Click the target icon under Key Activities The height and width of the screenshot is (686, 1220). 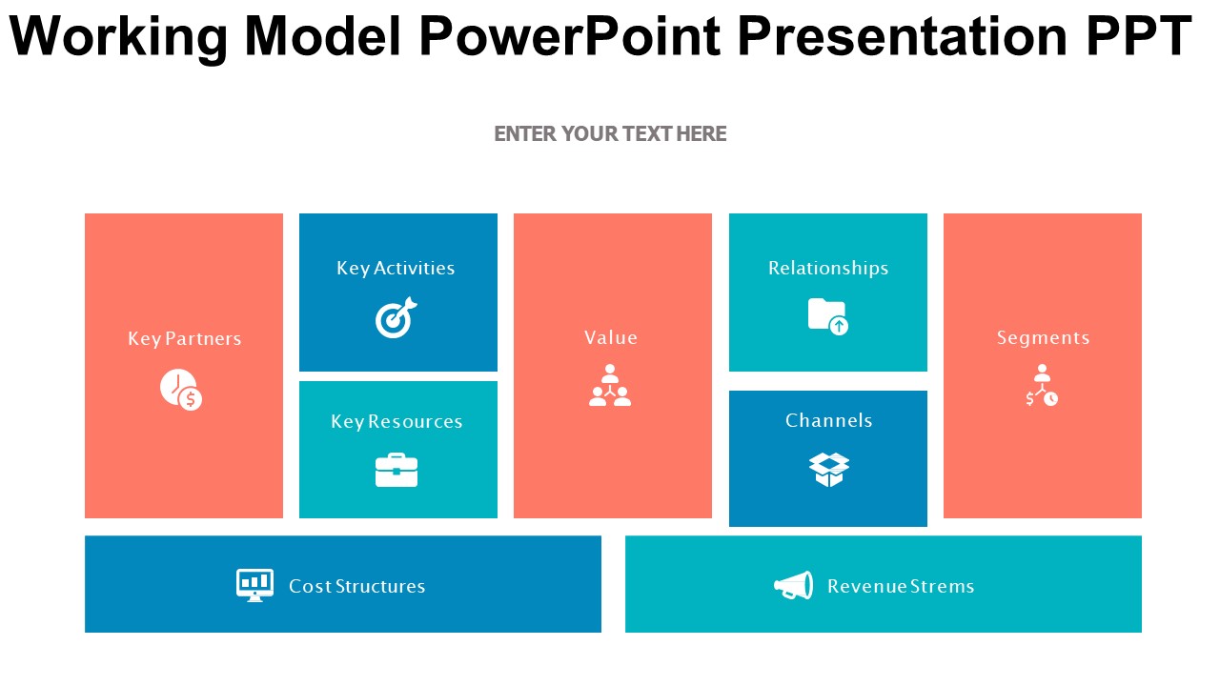pos(396,317)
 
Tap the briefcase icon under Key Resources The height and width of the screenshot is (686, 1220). pos(396,470)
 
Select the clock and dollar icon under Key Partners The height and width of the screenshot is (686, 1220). pos(181,390)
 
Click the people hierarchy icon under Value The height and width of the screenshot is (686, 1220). pos(610,385)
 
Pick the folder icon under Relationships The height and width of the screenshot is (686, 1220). pos(828,316)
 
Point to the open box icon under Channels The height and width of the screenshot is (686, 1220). pos(828,470)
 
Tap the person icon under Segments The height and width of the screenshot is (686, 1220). pos(1042,385)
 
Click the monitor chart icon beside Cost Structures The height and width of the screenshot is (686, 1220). pos(254,585)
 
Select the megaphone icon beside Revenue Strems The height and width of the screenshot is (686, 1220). pos(794,585)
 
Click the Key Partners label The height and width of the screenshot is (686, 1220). pos(185,338)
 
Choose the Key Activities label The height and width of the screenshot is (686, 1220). pos(396,268)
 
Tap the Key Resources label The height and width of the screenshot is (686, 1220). pos(396,421)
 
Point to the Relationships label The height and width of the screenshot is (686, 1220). pos(828,268)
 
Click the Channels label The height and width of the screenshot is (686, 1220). pos(828,420)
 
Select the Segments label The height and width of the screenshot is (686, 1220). pos(1043,338)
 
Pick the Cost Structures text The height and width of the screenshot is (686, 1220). pos(356,586)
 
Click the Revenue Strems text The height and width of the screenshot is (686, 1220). pos(901,586)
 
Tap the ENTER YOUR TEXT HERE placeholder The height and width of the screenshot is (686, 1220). pos(610,134)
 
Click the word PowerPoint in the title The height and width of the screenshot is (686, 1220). pos(571,36)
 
